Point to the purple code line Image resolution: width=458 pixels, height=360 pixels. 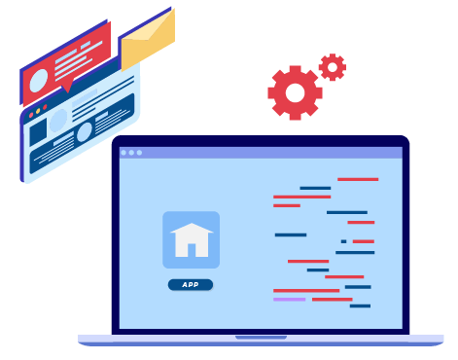click(x=290, y=300)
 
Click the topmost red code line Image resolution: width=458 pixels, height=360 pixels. click(x=358, y=179)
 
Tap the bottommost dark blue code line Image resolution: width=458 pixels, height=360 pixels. click(x=360, y=306)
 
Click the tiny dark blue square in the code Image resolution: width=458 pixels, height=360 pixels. click(x=343, y=241)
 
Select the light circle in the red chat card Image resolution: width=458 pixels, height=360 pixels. click(x=39, y=81)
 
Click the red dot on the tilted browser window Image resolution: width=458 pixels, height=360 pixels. click(x=31, y=115)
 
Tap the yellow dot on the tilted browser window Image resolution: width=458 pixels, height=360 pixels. click(x=38, y=111)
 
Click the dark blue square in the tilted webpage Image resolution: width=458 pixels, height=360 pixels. click(x=38, y=132)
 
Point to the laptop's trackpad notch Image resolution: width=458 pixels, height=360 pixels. click(x=261, y=338)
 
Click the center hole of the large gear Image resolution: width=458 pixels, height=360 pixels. click(x=295, y=92)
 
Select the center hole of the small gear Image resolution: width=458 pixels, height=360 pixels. click(x=333, y=67)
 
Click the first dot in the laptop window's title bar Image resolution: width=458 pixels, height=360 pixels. click(x=123, y=153)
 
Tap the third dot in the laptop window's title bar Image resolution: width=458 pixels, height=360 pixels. click(x=139, y=153)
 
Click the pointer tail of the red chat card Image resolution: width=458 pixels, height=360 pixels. click(x=67, y=89)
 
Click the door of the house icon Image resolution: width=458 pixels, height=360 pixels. click(x=192, y=250)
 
